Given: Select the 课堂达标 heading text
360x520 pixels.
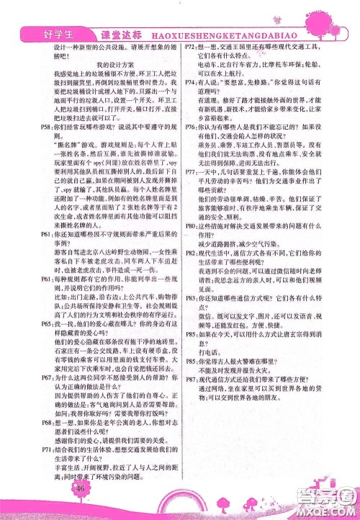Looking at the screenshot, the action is click(107, 32).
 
